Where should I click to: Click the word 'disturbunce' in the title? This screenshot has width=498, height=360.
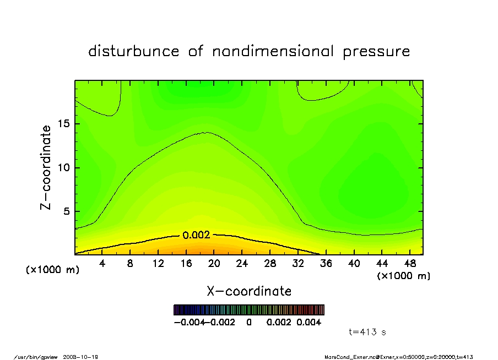click(134, 52)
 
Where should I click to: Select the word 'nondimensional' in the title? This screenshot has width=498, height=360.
click(263, 52)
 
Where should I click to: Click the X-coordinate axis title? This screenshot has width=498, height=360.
click(249, 291)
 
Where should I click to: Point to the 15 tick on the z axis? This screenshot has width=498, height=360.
click(64, 124)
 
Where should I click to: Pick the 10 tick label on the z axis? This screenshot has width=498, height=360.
click(64, 168)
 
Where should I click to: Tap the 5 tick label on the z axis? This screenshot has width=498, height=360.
click(67, 211)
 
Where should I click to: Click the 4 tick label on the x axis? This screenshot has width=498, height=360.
click(102, 264)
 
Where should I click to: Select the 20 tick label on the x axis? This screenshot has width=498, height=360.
click(214, 264)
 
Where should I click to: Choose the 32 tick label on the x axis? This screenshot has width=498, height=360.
click(298, 264)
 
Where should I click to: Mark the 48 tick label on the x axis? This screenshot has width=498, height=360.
click(410, 264)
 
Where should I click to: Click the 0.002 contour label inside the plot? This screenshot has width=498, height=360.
click(196, 235)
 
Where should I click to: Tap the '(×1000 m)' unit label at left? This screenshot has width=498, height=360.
click(53, 270)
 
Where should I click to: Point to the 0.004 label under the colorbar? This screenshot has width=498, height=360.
click(309, 323)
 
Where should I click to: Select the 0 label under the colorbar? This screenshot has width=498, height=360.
click(249, 323)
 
